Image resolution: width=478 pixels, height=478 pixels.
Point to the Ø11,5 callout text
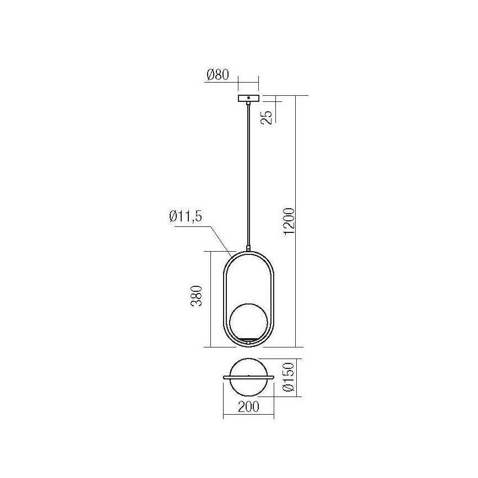click(186, 216)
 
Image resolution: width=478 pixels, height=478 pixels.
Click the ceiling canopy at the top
click(248, 99)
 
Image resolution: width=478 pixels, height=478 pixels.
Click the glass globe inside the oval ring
click(249, 322)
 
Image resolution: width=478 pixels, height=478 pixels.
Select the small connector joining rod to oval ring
click(248, 249)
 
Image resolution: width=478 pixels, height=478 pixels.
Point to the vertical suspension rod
click(248, 176)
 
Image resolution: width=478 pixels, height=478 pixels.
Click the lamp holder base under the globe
click(249, 341)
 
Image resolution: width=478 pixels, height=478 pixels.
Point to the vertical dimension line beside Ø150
click(297, 377)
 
